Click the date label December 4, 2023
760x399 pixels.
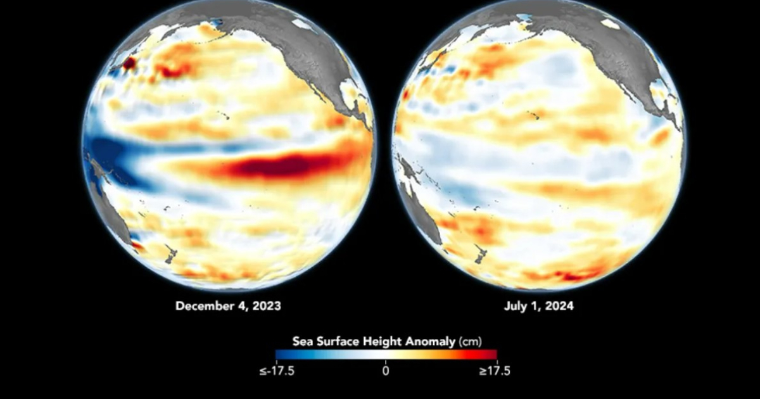228,306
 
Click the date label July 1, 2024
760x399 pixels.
538,306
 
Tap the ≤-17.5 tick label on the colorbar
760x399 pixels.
277,370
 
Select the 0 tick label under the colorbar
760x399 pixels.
385,370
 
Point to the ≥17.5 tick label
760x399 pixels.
493,370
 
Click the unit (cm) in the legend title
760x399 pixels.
469,341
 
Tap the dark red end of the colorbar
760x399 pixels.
491,355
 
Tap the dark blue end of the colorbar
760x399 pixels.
280,355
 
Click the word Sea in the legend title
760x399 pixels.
302,341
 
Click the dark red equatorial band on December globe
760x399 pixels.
279,167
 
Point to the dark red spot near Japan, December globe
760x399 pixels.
129,63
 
